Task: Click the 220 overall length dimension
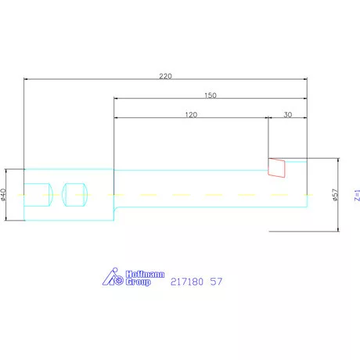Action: click(x=165, y=76)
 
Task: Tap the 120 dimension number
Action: click(x=191, y=114)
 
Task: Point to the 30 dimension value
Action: click(x=288, y=114)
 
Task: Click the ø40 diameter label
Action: click(x=5, y=194)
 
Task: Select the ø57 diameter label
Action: click(x=335, y=195)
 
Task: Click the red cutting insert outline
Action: click(x=276, y=167)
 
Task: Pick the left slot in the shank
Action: click(x=38, y=194)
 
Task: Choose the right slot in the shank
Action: click(x=75, y=194)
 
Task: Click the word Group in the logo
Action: click(x=138, y=282)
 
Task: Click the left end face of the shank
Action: click(x=25, y=194)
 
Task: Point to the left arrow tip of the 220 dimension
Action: click(x=26, y=79)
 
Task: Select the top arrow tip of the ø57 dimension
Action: click(x=339, y=158)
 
